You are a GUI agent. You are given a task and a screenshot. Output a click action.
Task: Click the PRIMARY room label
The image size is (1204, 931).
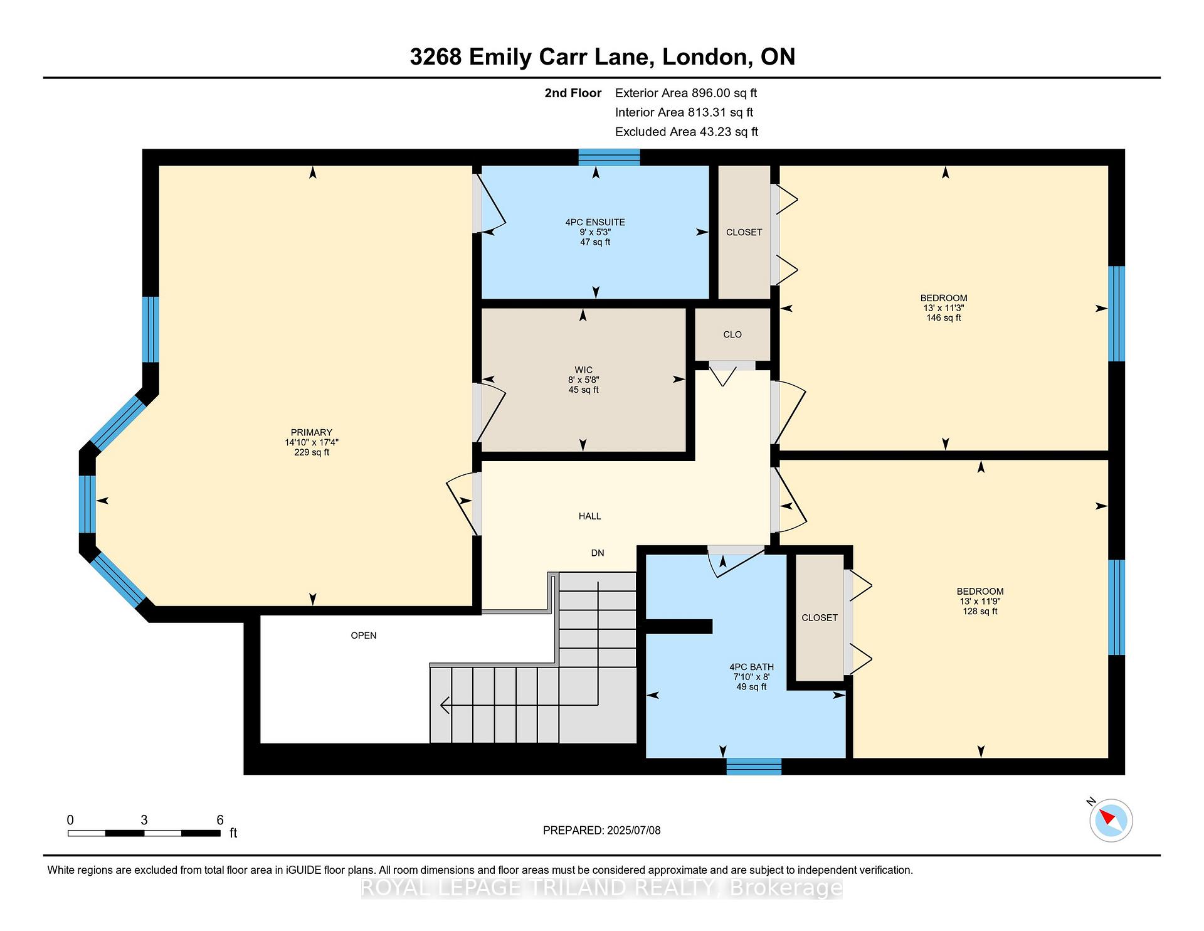(x=311, y=432)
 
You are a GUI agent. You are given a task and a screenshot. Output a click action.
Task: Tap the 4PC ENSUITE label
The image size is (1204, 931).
(x=595, y=222)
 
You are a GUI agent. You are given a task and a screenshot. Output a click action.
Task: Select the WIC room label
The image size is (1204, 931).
(x=583, y=370)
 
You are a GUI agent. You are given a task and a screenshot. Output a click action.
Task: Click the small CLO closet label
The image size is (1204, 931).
(x=732, y=334)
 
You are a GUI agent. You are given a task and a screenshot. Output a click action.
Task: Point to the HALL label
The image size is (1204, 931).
(x=589, y=516)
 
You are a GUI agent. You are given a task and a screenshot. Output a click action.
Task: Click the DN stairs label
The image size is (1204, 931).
(x=598, y=553)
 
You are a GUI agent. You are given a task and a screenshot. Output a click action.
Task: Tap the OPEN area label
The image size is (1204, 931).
(x=364, y=636)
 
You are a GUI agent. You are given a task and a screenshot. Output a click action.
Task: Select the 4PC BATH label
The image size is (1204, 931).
(x=751, y=667)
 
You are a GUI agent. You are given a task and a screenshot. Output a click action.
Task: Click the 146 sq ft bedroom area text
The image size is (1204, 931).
(x=944, y=318)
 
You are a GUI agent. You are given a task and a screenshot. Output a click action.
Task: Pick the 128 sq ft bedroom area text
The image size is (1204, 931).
(x=980, y=611)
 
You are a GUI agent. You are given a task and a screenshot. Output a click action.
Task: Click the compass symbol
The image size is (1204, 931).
(x=1111, y=819)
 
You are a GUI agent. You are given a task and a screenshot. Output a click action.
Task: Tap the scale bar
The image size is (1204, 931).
(x=144, y=833)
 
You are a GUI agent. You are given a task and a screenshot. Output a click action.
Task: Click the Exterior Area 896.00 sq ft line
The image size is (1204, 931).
(x=686, y=93)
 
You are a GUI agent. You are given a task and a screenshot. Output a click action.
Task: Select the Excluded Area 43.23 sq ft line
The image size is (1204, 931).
(x=687, y=132)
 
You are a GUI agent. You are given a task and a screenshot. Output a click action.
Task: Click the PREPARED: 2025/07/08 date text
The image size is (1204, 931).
(x=601, y=830)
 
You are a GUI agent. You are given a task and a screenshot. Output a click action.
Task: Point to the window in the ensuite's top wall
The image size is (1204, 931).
(x=609, y=157)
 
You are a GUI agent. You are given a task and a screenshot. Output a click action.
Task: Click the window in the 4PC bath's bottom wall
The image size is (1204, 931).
(x=754, y=766)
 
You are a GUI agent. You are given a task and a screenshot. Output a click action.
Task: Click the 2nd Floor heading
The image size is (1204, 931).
(x=573, y=93)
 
